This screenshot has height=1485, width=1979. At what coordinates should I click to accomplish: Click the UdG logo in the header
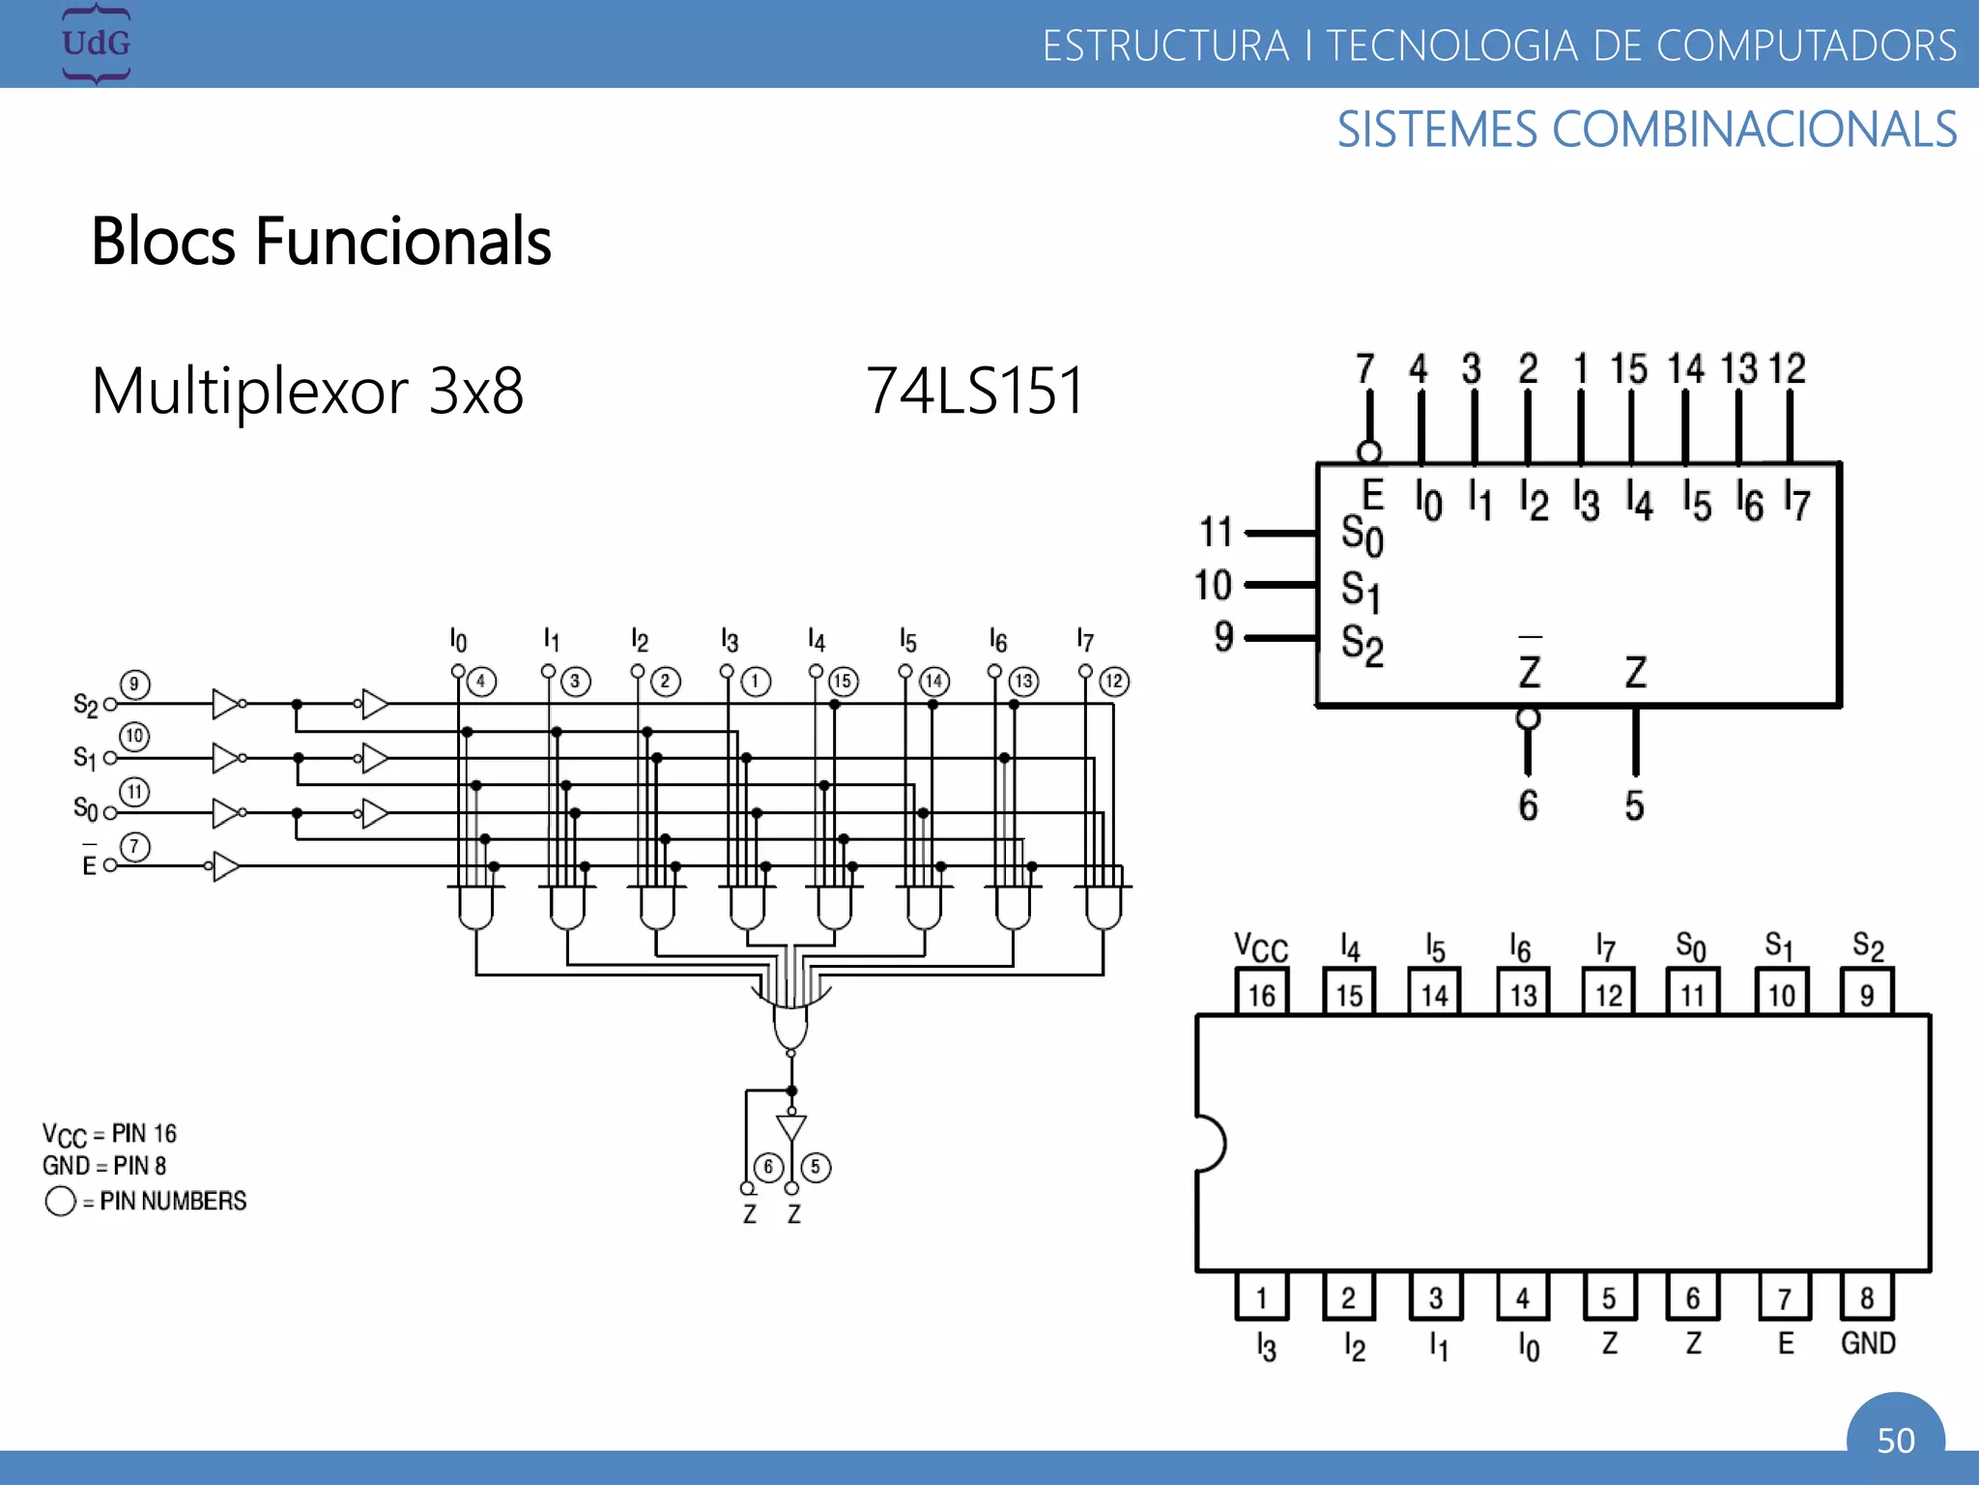96,44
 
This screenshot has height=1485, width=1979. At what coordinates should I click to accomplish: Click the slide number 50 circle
1895,1439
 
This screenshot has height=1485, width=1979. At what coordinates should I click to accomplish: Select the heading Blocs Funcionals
321,242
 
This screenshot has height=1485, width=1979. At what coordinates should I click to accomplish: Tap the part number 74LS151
974,391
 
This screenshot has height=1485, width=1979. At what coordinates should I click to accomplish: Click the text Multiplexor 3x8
307,391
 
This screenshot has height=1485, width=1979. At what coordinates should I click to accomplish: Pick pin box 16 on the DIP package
1261,994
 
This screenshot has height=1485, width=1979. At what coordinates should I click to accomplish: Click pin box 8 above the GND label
1867,1297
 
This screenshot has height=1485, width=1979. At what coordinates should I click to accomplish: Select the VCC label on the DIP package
1261,947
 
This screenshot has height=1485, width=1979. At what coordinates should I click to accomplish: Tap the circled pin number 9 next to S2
134,684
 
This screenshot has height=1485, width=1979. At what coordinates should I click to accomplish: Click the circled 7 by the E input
134,847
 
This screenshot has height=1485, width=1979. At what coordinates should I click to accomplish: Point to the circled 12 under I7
1114,682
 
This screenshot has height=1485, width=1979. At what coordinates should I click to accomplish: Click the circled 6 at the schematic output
768,1167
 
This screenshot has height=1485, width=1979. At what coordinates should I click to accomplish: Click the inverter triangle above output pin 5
791,1127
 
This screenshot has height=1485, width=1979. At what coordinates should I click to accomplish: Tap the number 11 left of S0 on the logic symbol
1216,532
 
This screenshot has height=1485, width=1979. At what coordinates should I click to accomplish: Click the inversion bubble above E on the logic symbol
1368,451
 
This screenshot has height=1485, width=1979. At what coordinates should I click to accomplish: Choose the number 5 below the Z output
1634,805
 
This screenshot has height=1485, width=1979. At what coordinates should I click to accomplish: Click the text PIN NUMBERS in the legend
173,1201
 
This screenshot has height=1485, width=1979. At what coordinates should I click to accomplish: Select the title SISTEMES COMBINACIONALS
1647,130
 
